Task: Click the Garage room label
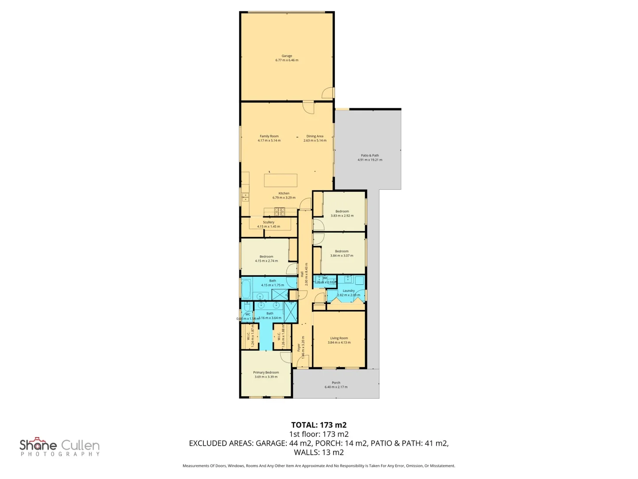point(287,56)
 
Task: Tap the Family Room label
point(269,137)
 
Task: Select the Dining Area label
point(315,137)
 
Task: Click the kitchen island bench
point(280,181)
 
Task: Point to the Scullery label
point(268,222)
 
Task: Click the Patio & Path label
point(370,156)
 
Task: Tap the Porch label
point(336,383)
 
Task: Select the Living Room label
point(339,338)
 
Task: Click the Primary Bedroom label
point(266,373)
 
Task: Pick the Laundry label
point(349,291)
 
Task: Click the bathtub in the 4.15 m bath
point(246,289)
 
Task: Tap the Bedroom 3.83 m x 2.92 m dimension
point(342,216)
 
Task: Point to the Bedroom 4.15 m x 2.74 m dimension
point(266,261)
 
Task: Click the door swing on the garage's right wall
point(328,93)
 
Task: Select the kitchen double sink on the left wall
point(245,197)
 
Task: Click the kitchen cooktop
point(279,211)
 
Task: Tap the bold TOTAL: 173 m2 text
point(319,425)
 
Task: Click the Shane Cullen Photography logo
point(59,447)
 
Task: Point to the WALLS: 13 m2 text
point(319,452)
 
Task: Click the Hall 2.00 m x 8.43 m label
point(304,274)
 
